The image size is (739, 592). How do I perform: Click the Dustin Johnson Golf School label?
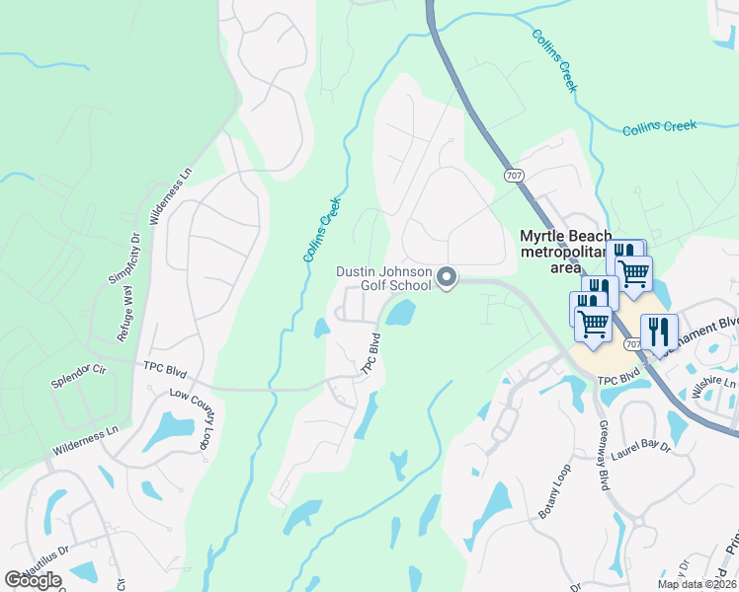tap(384, 277)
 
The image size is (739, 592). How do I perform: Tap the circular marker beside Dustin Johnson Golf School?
tap(447, 278)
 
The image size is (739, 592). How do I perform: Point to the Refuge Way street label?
tap(125, 313)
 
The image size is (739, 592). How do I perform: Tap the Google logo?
tap(33, 579)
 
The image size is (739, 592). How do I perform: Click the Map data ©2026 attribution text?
tap(696, 584)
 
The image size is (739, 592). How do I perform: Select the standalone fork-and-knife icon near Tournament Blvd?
tap(659, 332)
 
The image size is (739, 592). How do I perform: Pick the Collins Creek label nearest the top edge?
tap(553, 59)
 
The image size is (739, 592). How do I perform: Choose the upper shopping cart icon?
tap(633, 271)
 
